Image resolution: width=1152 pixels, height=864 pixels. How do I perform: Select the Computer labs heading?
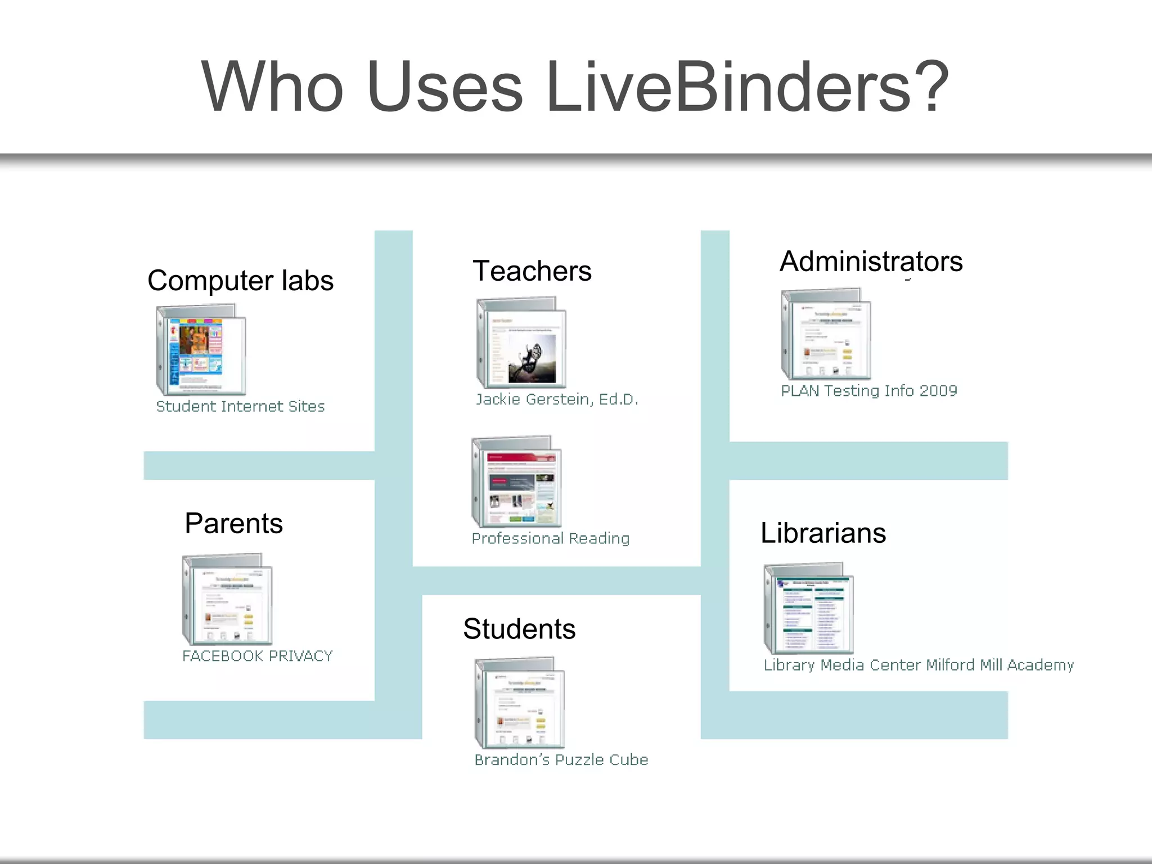[240, 281]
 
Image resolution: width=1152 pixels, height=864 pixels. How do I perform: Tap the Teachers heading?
[532, 271]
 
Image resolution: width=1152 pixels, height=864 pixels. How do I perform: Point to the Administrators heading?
[871, 262]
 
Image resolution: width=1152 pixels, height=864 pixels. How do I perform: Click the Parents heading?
[233, 524]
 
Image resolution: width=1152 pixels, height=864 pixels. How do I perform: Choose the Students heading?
[519, 629]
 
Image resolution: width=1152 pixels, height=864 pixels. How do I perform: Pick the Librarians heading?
[823, 533]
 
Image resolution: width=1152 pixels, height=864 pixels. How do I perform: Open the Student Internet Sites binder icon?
[201, 349]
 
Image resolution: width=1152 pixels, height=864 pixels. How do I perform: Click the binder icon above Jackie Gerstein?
[521, 343]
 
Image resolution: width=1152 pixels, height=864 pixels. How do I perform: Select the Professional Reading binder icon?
[516, 481]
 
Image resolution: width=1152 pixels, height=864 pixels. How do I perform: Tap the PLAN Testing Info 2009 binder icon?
[826, 334]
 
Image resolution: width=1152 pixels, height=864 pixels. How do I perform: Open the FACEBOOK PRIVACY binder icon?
[227, 599]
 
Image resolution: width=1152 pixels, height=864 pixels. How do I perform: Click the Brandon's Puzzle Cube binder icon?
[519, 703]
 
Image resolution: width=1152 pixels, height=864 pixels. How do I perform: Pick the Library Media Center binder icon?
[808, 608]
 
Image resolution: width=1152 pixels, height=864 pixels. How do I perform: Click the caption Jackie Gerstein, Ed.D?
[557, 399]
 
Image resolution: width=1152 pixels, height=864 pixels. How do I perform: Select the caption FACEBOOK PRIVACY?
[258, 656]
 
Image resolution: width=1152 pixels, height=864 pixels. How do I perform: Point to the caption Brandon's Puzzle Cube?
[561, 760]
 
